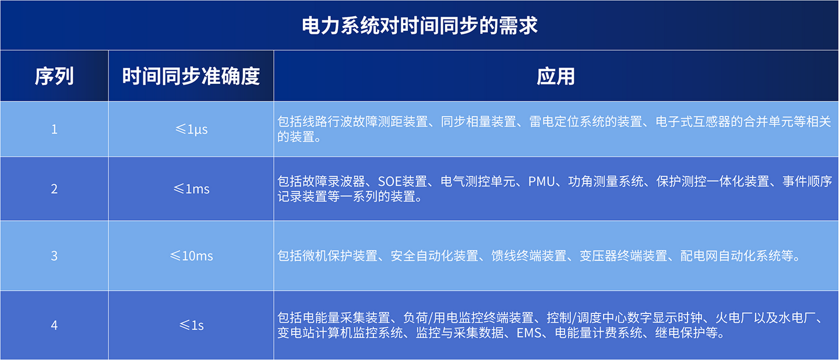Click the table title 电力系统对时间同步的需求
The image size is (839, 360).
tap(419, 26)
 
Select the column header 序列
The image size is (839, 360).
tap(54, 76)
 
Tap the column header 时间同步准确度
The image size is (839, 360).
tap(191, 76)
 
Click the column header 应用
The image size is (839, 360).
tap(556, 76)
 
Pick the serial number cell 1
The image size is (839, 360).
tap(54, 129)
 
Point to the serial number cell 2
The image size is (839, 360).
tap(54, 189)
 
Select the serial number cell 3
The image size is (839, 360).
tap(54, 256)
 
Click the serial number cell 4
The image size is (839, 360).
tap(54, 325)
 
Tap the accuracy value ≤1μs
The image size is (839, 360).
tap(191, 130)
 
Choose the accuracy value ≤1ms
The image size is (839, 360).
tap(191, 189)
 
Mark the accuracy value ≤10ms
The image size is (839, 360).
tap(191, 256)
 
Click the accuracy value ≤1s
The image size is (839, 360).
tap(191, 325)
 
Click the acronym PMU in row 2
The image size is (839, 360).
tap(542, 182)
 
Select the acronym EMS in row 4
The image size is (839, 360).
tap(529, 333)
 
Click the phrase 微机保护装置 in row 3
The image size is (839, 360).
tap(340, 256)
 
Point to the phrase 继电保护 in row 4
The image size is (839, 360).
tap(680, 333)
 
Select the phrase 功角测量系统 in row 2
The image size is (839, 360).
tap(606, 182)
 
